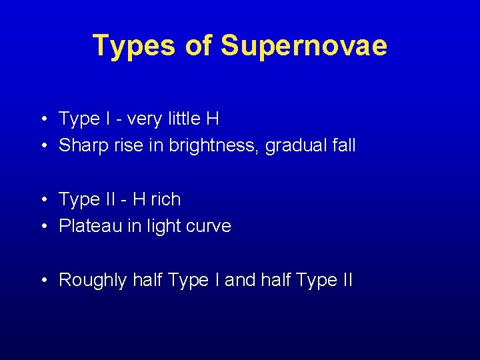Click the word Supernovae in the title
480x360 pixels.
pyautogui.click(x=303, y=46)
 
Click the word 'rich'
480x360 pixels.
pyautogui.click(x=167, y=199)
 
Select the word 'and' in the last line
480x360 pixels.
pyautogui.click(x=239, y=280)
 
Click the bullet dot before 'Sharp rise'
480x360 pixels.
pyautogui.click(x=43, y=146)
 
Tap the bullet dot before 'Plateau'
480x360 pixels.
pyautogui.click(x=43, y=227)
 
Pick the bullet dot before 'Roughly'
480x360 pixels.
pyautogui.click(x=43, y=281)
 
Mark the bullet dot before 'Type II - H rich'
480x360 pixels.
pyautogui.click(x=43, y=200)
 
